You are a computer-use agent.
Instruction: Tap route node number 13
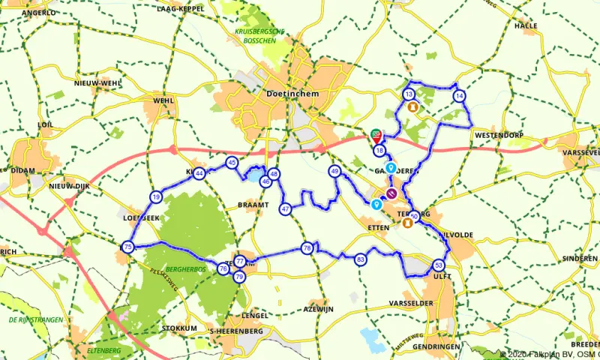pos(409,94)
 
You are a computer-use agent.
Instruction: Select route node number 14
pos(459,95)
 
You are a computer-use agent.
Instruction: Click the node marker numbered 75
pos(128,247)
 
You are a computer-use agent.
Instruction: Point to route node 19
pos(155,196)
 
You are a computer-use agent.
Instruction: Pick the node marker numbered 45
pos(232,162)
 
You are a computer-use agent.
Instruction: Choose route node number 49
pos(334,172)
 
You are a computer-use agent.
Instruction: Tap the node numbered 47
pos(285,208)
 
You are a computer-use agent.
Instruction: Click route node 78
pos(307,247)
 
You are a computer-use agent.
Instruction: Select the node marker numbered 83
pos(361,259)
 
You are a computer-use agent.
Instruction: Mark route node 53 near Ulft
pos(439,265)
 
